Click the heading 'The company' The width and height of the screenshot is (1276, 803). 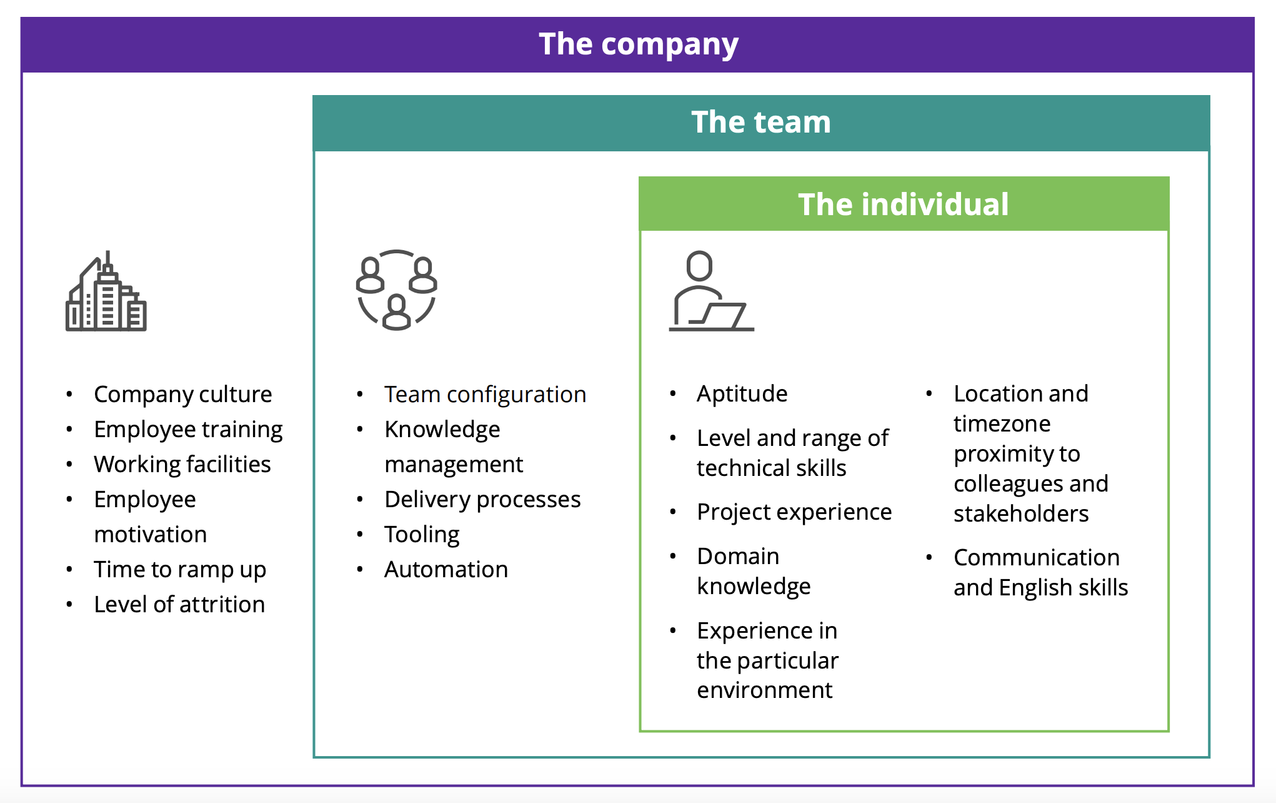[638, 44]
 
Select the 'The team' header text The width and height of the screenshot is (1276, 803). [760, 122]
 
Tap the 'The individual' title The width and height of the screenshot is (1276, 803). [903, 205]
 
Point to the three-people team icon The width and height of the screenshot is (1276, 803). [396, 290]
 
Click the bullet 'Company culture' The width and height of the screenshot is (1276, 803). [182, 395]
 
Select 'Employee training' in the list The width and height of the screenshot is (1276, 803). [188, 430]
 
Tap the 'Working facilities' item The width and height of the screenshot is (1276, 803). [182, 465]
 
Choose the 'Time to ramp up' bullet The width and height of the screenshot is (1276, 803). [180, 570]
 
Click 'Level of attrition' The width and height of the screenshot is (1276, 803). [179, 605]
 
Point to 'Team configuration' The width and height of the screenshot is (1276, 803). [485, 395]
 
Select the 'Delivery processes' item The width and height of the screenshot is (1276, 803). [482, 500]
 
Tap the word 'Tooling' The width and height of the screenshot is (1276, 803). [422, 535]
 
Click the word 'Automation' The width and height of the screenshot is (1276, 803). [446, 570]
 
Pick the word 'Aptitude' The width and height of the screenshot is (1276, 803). [742, 394]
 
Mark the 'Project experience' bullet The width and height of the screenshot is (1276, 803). [794, 512]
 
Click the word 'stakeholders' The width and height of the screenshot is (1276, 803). [1021, 514]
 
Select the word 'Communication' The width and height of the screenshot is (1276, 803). [1036, 558]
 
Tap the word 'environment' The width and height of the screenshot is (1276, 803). [764, 690]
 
